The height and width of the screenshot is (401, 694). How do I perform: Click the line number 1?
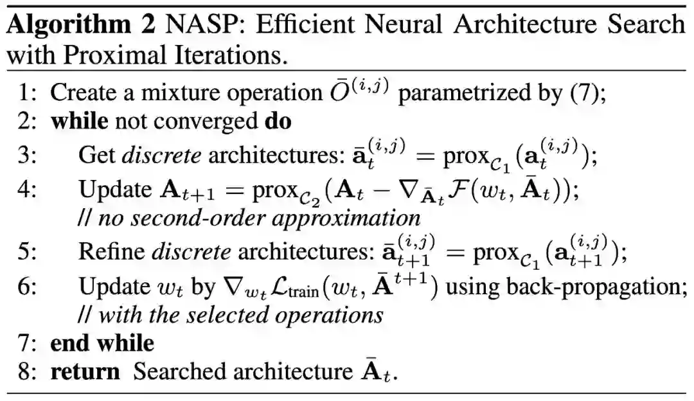pyautogui.click(x=29, y=93)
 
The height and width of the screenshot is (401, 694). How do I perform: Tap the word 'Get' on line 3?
pyautogui.click(x=95, y=155)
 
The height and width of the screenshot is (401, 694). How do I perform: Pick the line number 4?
pyautogui.click(x=29, y=190)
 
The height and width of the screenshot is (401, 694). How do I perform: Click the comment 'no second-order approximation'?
pyautogui.click(x=257, y=217)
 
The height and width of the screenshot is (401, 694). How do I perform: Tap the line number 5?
pyautogui.click(x=29, y=251)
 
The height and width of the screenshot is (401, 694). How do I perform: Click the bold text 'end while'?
pyautogui.click(x=102, y=343)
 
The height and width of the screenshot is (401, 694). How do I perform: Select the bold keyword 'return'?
pyautogui.click(x=85, y=371)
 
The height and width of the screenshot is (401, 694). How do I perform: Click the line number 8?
pyautogui.click(x=29, y=371)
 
